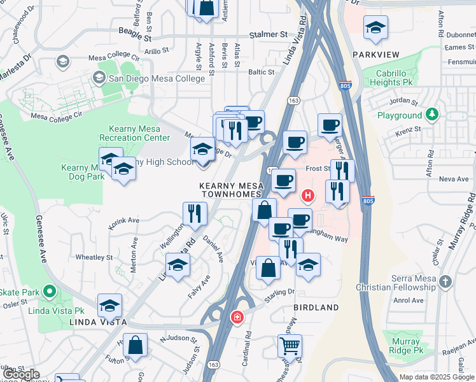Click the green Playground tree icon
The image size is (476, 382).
[x=432, y=115]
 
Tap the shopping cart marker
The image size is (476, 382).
[x=289, y=346]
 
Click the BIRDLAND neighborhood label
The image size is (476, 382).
[x=316, y=307]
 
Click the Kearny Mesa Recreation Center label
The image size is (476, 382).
[x=135, y=133]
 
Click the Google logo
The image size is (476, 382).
[x=21, y=374]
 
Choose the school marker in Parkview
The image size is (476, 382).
[x=376, y=27]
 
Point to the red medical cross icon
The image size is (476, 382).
[x=237, y=316]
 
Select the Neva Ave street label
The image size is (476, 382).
[x=453, y=179]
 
